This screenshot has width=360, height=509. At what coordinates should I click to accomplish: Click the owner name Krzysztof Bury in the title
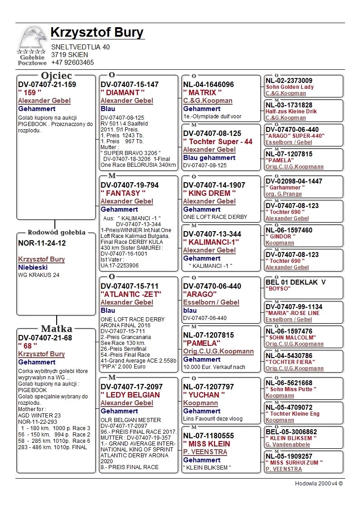(x=97, y=33)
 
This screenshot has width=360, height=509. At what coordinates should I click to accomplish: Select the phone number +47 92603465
(x=73, y=63)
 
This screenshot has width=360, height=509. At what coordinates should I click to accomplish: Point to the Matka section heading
(x=57, y=329)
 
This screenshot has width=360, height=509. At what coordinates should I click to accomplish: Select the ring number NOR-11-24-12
(x=42, y=243)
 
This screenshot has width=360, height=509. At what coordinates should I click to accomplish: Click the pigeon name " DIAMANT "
(x=122, y=92)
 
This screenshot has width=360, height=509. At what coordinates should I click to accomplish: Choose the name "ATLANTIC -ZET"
(x=131, y=294)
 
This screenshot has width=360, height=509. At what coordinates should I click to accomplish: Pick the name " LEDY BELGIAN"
(x=130, y=395)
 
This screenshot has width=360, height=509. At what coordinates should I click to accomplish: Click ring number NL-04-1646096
(x=209, y=84)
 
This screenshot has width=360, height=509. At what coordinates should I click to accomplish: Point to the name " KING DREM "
(x=209, y=193)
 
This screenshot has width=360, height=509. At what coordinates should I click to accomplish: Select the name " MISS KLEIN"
(x=207, y=444)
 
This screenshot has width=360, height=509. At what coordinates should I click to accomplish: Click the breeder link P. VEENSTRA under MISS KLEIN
(x=205, y=452)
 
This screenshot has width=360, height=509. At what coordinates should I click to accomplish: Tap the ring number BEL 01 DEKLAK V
(x=296, y=282)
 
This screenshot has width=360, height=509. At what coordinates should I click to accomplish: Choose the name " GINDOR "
(x=281, y=237)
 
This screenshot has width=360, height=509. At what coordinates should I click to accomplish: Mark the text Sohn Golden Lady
(x=290, y=87)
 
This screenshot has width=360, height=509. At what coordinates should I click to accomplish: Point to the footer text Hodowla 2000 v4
(x=319, y=484)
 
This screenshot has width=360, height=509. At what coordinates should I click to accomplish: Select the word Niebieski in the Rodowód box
(x=33, y=267)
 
